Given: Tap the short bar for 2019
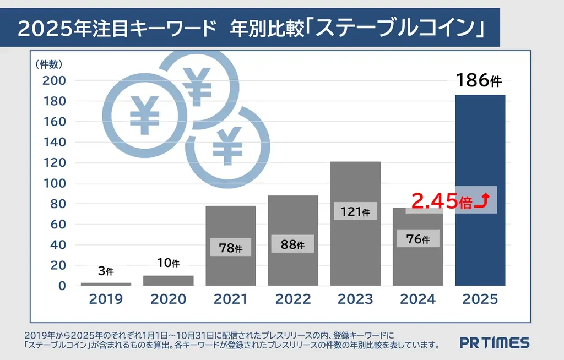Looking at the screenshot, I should point(106,284).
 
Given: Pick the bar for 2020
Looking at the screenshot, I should point(168,280).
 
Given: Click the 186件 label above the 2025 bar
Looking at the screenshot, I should point(479,81).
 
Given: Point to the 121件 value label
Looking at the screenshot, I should point(355,212).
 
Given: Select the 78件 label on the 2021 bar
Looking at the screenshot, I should point(230,248).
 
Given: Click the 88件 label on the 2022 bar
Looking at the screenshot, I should point(292,244).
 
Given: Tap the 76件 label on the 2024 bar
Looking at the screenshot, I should point(417,239).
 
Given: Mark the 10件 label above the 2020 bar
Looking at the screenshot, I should point(168,263).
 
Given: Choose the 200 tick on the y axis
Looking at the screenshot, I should point(55,80).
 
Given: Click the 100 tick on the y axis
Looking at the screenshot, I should point(55,183).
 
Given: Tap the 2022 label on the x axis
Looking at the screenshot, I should point(292,299).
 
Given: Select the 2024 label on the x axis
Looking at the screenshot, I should point(417,299).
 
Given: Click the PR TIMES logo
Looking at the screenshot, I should point(494,343).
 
